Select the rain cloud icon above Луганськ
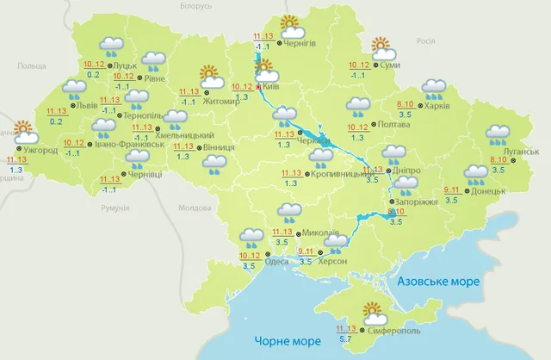498,134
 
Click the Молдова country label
195,208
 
